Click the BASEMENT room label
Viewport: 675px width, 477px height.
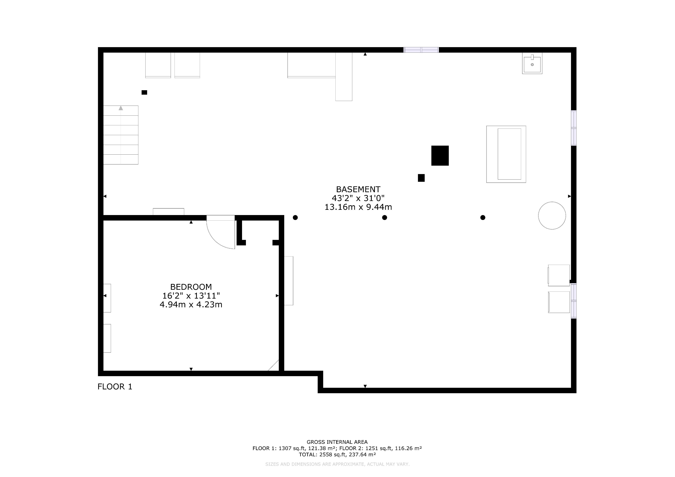coord(358,189)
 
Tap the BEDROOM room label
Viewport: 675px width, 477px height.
coord(191,287)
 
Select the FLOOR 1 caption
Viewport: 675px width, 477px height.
coord(115,387)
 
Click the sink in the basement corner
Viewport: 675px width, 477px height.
coord(532,63)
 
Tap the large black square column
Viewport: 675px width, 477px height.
coord(440,155)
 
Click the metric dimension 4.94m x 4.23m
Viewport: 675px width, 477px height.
coord(191,304)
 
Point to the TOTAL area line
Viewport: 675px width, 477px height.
coord(337,455)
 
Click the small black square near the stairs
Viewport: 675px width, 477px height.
coord(144,92)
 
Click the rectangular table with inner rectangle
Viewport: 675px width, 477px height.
coord(506,154)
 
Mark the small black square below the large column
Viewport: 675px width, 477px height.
coord(421,178)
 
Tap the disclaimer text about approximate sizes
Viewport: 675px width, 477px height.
coord(337,464)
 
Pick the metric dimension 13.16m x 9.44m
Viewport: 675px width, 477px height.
coord(358,207)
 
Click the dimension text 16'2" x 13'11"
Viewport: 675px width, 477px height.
coord(191,296)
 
